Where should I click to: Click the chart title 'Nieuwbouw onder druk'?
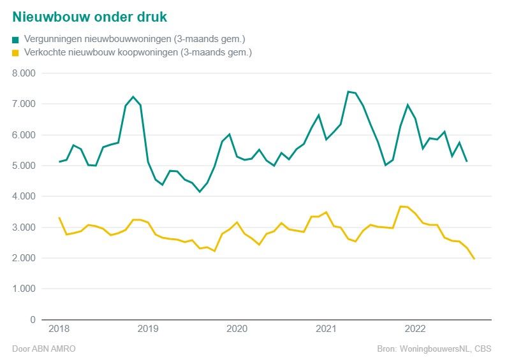pyautogui.click(x=90, y=15)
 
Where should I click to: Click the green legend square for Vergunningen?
pyautogui.click(x=15, y=40)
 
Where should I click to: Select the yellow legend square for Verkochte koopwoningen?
pyautogui.click(x=15, y=53)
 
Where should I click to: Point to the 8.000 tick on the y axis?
pyautogui.click(x=26, y=73)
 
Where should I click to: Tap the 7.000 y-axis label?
pyautogui.click(x=26, y=104)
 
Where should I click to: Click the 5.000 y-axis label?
pyautogui.click(x=26, y=166)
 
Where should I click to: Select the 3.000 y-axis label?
pyautogui.click(x=26, y=227)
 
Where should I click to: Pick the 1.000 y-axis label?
pyautogui.click(x=26, y=289)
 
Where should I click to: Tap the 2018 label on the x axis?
pyautogui.click(x=59, y=329)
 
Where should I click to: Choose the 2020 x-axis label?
pyautogui.click(x=237, y=329)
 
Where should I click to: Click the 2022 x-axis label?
pyautogui.click(x=416, y=329)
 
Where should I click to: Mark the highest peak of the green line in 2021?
pyautogui.click(x=348, y=92)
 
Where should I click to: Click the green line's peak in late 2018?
pyautogui.click(x=133, y=97)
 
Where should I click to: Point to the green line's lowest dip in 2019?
pyautogui.click(x=200, y=192)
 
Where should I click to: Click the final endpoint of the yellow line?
pyautogui.click(x=474, y=259)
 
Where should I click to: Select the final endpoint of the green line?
pyautogui.click(x=467, y=161)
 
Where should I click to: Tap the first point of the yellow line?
pyautogui.click(x=59, y=218)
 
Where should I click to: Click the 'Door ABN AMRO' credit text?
pyautogui.click(x=39, y=349)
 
